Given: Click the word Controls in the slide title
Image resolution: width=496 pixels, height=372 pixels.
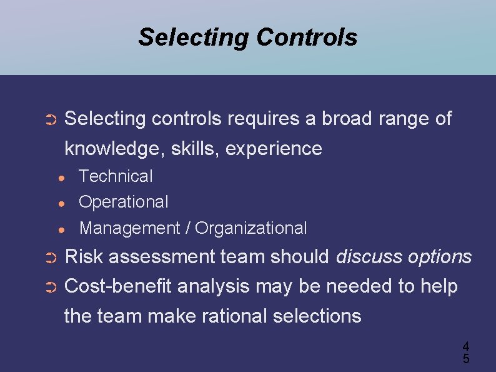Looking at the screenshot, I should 306,37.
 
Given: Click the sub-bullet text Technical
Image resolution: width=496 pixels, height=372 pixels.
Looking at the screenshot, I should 116,176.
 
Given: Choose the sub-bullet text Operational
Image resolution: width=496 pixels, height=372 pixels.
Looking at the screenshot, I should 124,202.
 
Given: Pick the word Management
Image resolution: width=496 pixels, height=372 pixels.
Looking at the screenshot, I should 129,228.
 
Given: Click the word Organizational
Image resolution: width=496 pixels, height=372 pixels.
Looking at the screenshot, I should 251,228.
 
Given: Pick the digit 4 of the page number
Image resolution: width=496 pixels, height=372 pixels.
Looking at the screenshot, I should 465,346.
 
